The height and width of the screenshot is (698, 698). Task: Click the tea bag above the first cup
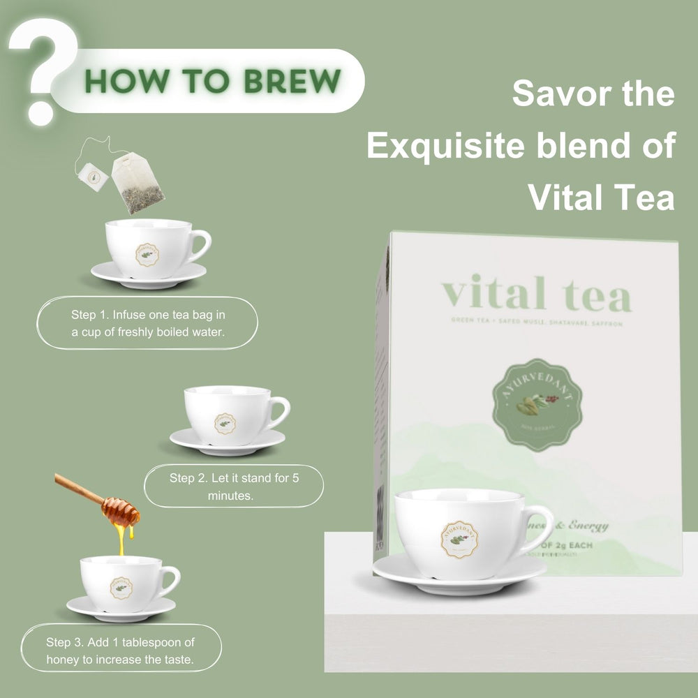click(138, 183)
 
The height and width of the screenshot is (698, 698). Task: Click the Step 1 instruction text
click(148, 323)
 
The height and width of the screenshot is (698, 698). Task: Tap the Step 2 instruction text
click(235, 487)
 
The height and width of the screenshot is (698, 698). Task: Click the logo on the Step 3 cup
click(121, 588)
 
